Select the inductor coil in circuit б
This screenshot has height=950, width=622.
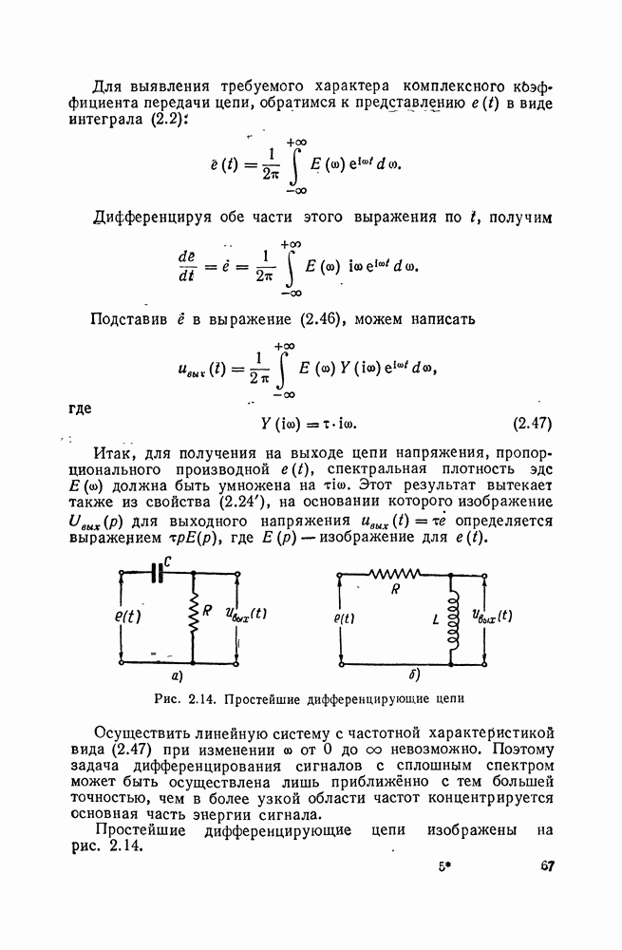click(450, 619)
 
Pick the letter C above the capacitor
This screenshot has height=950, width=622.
click(168, 563)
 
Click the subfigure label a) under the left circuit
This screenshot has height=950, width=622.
click(176, 676)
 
